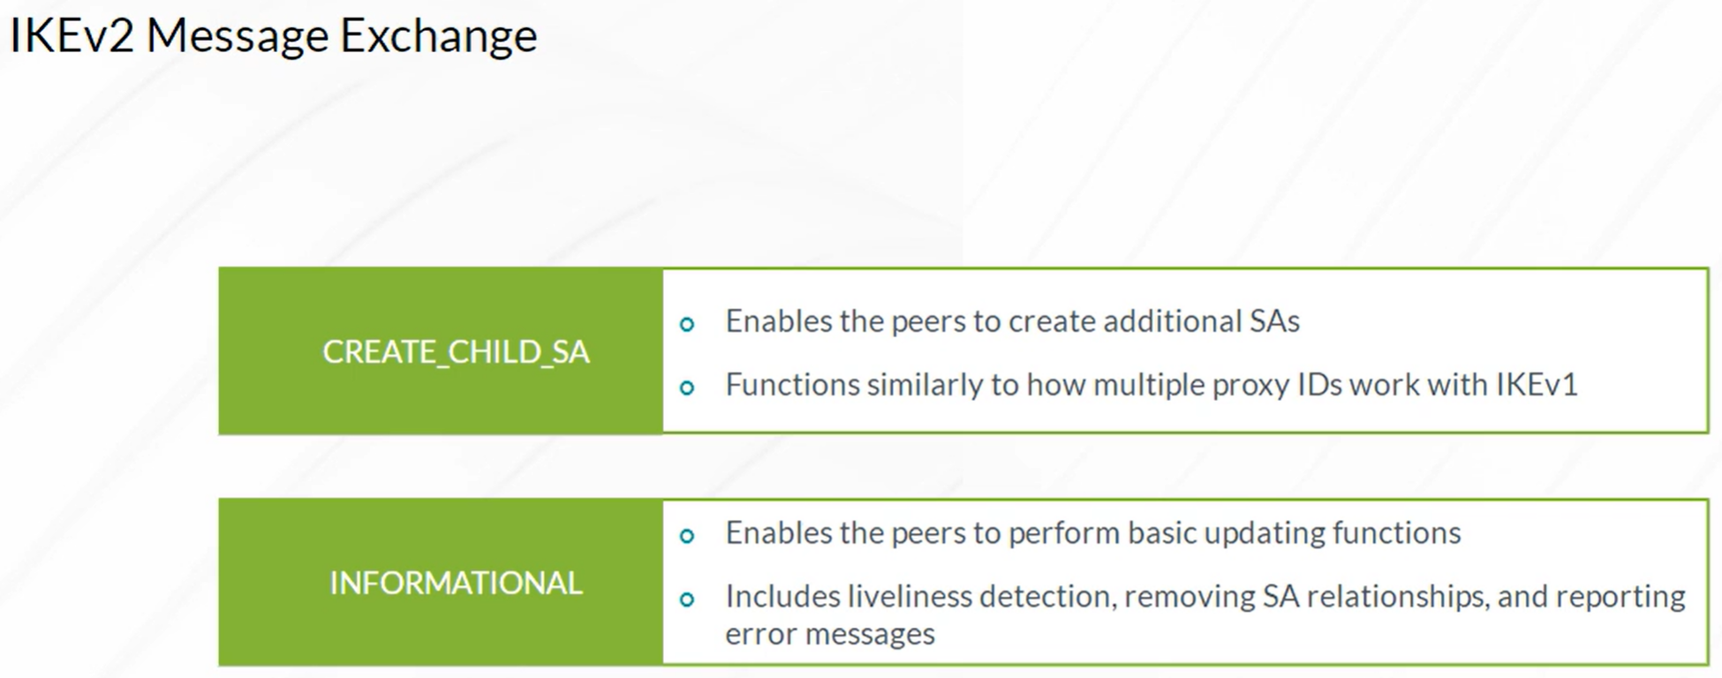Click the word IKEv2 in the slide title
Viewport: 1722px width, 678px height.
(72, 36)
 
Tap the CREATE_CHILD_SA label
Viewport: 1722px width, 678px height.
(456, 352)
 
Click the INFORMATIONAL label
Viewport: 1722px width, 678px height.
(456, 583)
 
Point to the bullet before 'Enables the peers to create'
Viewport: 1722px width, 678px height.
(687, 324)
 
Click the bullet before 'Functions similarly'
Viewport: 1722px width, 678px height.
(687, 388)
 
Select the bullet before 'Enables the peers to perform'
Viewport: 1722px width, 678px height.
(687, 536)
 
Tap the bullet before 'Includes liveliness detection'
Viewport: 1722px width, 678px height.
(687, 599)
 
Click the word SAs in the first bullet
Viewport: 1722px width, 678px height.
(1274, 321)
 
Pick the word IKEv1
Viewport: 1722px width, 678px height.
(1537, 385)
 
